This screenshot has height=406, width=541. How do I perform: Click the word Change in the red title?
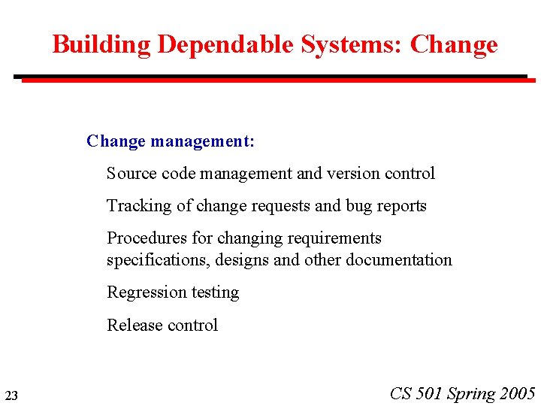pyautogui.click(x=454, y=44)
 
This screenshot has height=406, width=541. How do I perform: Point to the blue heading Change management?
pyautogui.click(x=171, y=141)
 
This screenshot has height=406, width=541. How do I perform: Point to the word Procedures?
pyautogui.click(x=147, y=238)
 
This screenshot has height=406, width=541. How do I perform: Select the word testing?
pyautogui.click(x=215, y=292)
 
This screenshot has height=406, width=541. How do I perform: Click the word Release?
pyautogui.click(x=132, y=325)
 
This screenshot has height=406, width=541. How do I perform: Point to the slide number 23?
pyautogui.click(x=11, y=395)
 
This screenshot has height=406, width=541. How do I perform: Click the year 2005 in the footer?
pyautogui.click(x=517, y=393)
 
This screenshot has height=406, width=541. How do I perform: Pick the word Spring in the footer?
pyautogui.click(x=471, y=394)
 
